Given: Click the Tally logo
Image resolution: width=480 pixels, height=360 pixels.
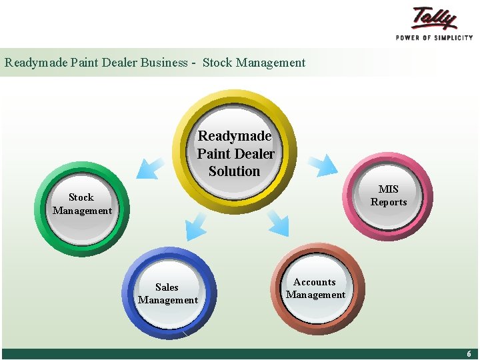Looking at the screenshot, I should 435,18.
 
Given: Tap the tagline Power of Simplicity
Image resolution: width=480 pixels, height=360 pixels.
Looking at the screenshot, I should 434,37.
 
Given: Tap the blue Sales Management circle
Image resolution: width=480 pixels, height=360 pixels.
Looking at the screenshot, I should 168,293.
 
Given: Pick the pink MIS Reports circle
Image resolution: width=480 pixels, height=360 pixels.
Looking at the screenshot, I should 389,195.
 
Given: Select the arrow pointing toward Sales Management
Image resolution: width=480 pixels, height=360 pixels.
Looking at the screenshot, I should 197,225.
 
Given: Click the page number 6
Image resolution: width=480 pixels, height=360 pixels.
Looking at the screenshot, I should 469,354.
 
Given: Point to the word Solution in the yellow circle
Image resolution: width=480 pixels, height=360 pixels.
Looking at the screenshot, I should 234,171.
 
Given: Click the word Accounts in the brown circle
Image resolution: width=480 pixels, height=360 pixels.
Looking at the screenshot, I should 315,282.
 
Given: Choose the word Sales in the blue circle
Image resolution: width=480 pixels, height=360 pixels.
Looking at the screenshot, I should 167,287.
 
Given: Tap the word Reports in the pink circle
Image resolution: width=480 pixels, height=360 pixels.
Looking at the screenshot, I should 389,202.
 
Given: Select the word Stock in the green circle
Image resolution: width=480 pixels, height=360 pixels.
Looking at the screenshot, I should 81,197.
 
